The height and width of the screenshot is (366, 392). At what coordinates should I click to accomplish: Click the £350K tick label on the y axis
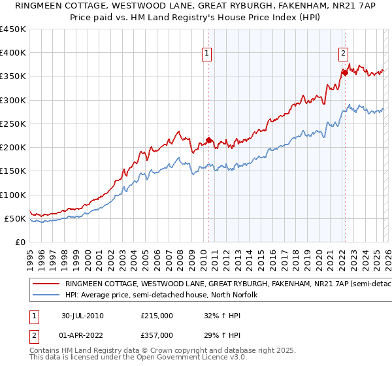point(13,76)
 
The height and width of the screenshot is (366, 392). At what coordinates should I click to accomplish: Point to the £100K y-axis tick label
point(13,195)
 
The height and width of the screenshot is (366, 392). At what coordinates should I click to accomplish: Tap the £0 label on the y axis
point(20,242)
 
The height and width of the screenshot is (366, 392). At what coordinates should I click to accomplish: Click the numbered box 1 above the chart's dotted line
point(207,54)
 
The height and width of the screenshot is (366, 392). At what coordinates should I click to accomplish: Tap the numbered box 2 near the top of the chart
point(343,54)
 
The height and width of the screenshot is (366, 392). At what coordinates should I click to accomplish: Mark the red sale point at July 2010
point(209,140)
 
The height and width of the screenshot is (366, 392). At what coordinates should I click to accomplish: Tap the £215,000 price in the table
point(157,316)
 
